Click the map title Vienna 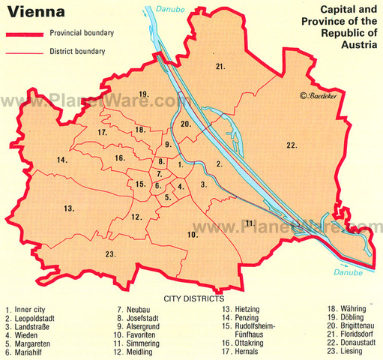(x=34, y=13)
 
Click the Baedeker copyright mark (x=315, y=96)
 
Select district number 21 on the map (x=220, y=67)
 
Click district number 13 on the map (x=68, y=207)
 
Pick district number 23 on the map (x=110, y=255)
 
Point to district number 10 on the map (x=192, y=235)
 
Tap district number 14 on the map (x=63, y=160)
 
